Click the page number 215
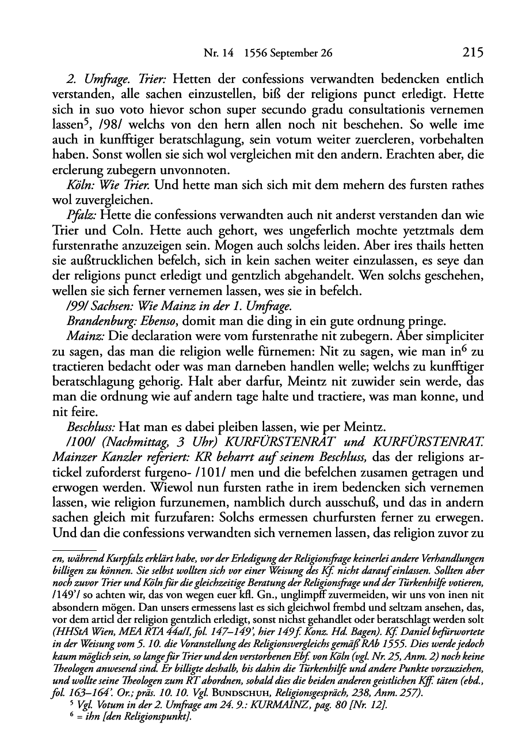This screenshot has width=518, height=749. (x=471, y=53)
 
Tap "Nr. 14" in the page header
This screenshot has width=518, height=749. (x=217, y=54)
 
